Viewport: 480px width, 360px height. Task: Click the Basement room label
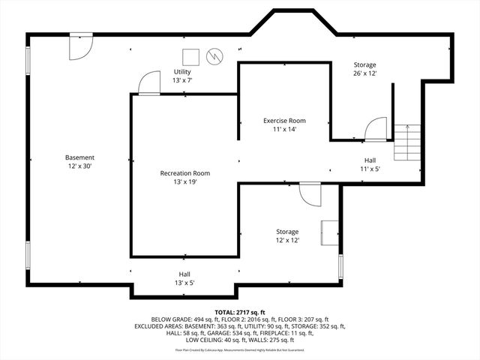[x=80, y=157]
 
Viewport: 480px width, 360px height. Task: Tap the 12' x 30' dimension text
[x=80, y=166]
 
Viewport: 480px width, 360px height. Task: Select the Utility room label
[x=182, y=72]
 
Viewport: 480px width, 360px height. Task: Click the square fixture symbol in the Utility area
[x=190, y=56]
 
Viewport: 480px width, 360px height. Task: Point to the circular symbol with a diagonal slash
[x=215, y=56]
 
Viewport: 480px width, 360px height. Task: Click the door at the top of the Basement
[x=79, y=46]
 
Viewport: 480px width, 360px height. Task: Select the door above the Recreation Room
[x=149, y=82]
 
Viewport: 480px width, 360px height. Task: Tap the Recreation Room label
[x=184, y=173]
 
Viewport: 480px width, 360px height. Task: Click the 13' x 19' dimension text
[x=184, y=181]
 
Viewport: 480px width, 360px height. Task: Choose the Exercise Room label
[x=284, y=121]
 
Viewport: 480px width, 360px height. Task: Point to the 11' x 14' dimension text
[x=284, y=129]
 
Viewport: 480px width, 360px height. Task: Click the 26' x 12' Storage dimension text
[x=364, y=73]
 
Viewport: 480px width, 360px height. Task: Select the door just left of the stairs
[x=375, y=129]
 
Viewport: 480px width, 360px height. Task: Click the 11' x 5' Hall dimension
[x=370, y=169]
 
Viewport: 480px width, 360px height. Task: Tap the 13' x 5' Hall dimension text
[x=184, y=283]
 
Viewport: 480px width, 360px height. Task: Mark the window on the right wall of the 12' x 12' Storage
[x=340, y=266]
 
